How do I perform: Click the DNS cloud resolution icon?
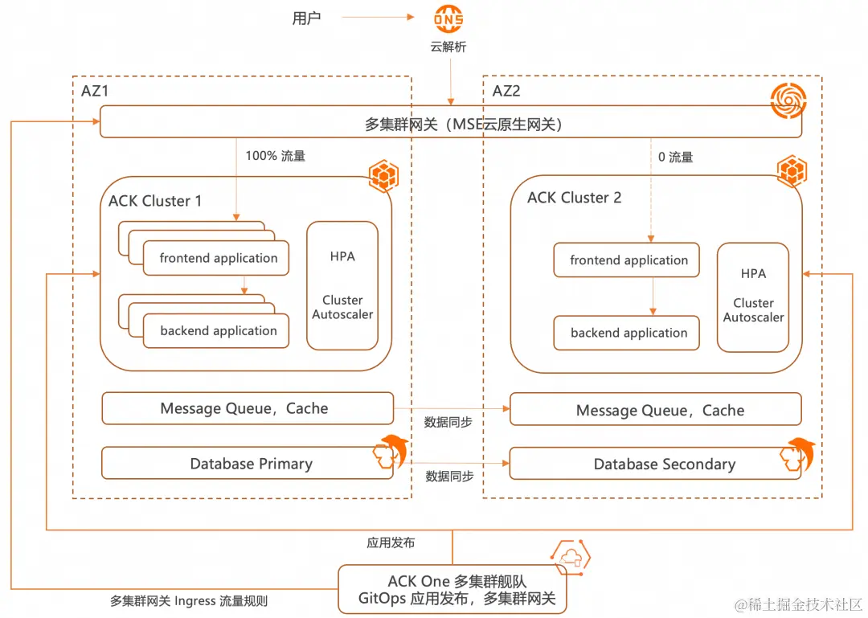448,19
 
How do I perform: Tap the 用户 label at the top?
306,18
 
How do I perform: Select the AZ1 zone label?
95,91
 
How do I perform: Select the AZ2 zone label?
506,91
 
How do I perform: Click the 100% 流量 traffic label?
275,156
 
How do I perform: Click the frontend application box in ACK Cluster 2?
627,260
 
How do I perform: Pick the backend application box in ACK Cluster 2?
627,333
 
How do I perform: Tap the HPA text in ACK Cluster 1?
342,256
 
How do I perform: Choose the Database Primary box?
248,464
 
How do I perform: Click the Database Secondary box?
656,464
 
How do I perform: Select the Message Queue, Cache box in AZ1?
248,408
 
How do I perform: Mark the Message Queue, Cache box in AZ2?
656,410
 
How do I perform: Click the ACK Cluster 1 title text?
155,201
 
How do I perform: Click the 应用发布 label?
391,542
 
